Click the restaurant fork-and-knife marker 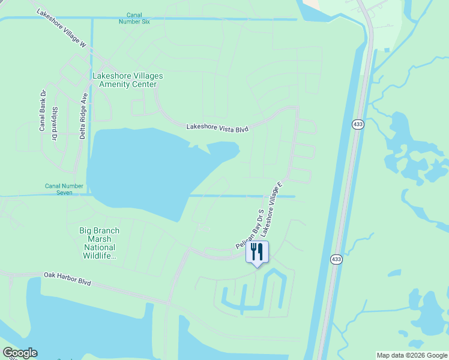pos(258,251)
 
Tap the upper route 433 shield pos(358,124)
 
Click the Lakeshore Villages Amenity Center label pos(128,80)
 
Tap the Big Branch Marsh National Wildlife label pos(99,243)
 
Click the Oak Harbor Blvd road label pos(67,278)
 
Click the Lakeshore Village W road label pos(62,28)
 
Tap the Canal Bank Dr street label pos(43,111)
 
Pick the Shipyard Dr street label pos(55,124)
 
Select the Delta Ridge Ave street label pos(83,116)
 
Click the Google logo pos(20,353)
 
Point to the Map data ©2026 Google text pos(412,355)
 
